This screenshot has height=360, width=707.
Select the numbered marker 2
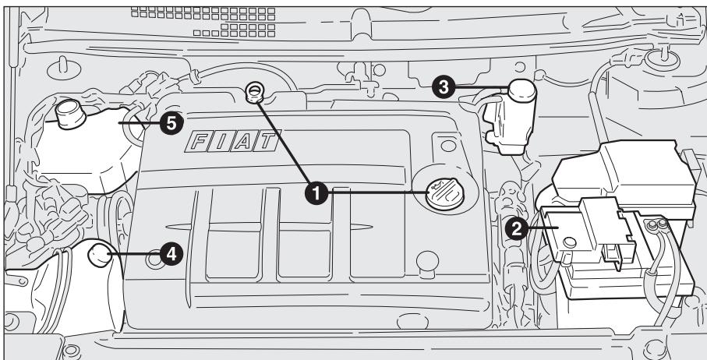(x=515, y=228)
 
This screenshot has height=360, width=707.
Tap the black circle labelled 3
(x=445, y=88)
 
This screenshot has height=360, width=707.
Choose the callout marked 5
(x=171, y=122)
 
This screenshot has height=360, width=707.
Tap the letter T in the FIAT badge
(x=266, y=142)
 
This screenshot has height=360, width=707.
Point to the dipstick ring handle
(x=253, y=91)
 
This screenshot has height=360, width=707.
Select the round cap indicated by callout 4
(x=100, y=254)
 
